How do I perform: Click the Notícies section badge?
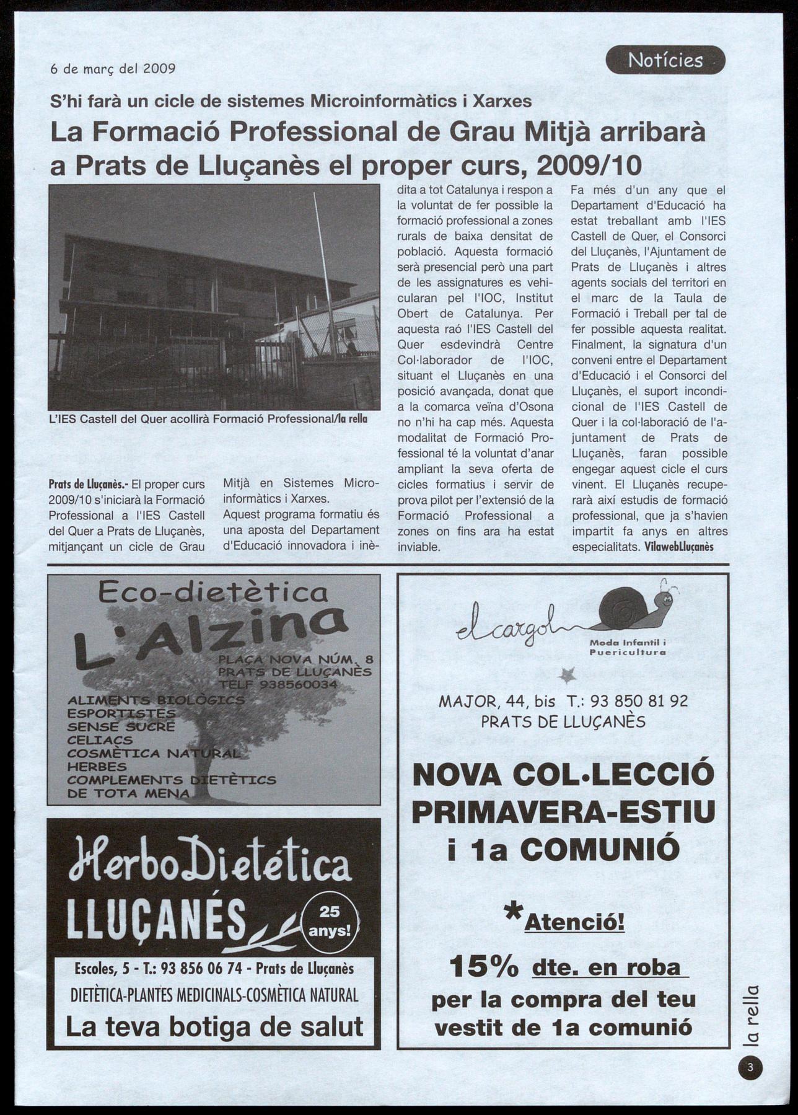(665, 60)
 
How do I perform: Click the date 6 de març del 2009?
(113, 68)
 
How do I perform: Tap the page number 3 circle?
(750, 1067)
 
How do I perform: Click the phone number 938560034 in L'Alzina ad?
(299, 685)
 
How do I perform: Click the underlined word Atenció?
(574, 923)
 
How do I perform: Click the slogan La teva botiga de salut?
(214, 1027)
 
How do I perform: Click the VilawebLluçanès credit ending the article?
(679, 547)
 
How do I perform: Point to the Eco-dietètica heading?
(213, 593)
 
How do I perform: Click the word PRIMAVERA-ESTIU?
(563, 812)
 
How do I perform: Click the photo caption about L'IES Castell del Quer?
(208, 419)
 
